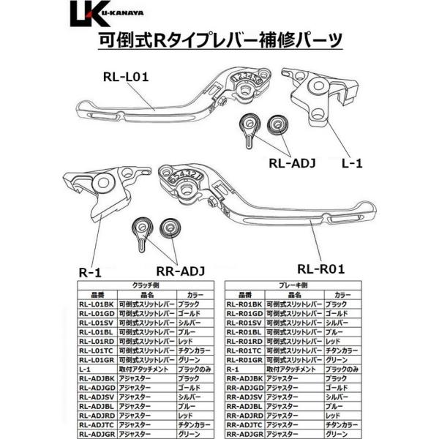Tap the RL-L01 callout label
[126, 76]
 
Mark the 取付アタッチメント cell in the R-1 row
[293, 369]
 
